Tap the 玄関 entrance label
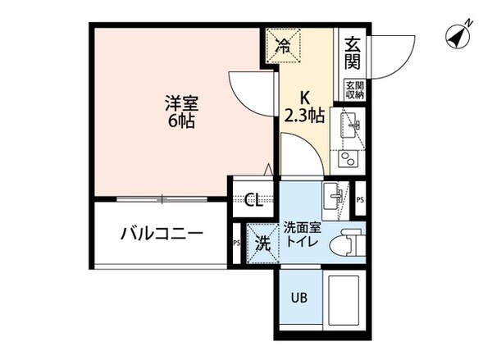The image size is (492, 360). click(353, 53)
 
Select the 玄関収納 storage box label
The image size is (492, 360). click(353, 90)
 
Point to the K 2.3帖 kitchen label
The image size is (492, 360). click(304, 107)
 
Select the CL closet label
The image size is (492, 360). click(253, 198)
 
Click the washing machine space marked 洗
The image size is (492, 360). click(261, 243)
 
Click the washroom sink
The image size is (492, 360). click(335, 194)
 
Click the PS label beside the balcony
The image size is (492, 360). click(237, 243)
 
